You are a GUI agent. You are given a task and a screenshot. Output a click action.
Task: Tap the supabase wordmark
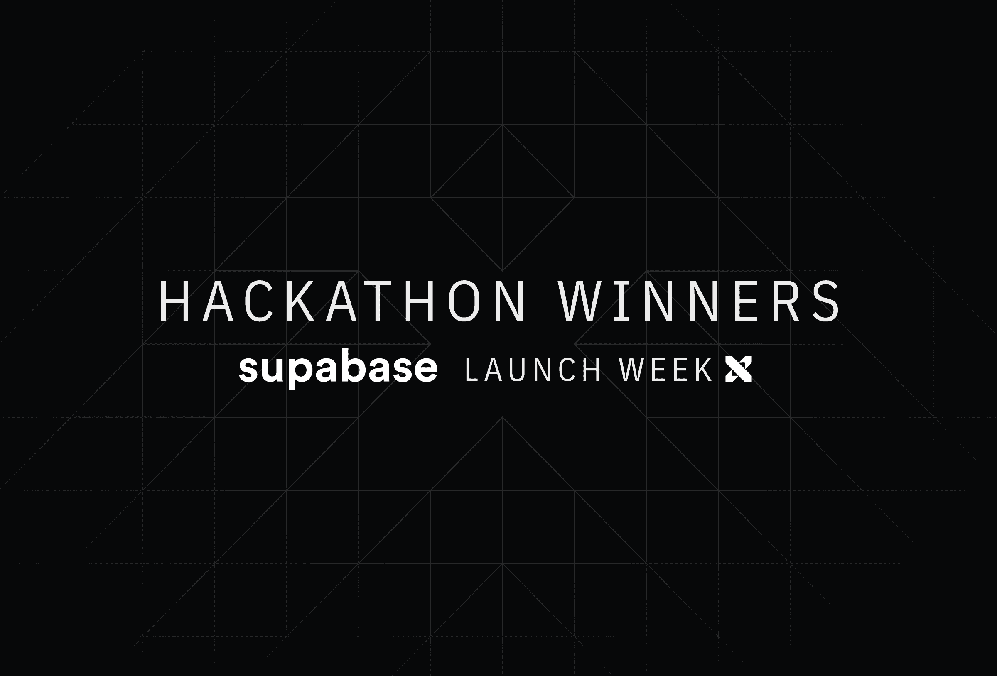tap(338, 370)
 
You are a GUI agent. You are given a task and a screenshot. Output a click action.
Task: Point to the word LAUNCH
tap(533, 370)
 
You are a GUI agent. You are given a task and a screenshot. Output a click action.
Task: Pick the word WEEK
tap(665, 370)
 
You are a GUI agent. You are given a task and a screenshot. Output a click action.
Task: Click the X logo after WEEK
tap(738, 370)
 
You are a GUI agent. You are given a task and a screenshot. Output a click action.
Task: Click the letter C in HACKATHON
tap(259, 301)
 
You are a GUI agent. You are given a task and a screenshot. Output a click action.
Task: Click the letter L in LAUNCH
tap(471, 370)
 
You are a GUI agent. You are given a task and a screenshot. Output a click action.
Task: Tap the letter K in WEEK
tap(704, 370)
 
